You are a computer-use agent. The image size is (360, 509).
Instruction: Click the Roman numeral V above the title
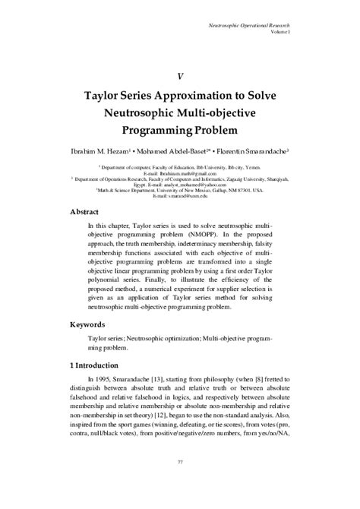pos(180,77)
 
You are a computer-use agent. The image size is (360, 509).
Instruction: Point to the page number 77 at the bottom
pos(179,483)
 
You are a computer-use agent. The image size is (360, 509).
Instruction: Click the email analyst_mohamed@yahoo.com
pos(196,185)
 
